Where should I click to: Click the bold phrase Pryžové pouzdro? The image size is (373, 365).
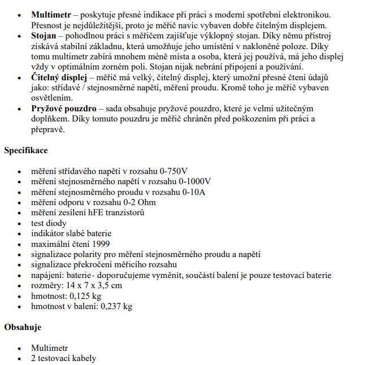coord(62,108)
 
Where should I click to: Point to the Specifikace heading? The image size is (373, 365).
coord(26,150)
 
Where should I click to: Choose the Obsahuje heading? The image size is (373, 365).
coord(23,327)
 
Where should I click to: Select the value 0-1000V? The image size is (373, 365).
coord(194,182)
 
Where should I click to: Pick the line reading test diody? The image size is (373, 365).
coord(49,223)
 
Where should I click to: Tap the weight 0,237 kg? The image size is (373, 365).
coord(116,306)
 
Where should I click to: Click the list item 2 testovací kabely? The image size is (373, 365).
coord(63,358)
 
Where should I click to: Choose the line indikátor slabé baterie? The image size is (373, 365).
coord(71,233)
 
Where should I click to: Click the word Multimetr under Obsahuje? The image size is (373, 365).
coord(49,348)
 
